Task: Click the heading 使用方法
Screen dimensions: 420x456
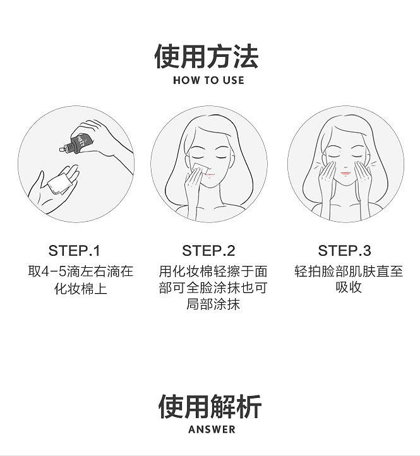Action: pos(207,56)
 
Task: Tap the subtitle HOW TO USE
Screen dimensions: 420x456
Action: pos(208,80)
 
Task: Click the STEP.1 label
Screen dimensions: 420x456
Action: pos(74,250)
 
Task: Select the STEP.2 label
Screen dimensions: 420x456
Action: pos(208,250)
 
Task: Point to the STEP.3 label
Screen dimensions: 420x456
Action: pos(344,250)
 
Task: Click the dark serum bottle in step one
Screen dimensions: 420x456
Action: pos(77,143)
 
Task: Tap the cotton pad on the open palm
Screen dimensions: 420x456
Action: pos(59,184)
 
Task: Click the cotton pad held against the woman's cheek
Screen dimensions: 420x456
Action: pos(200,169)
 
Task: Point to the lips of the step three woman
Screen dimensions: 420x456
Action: pos(346,173)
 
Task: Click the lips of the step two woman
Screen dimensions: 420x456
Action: pos(210,175)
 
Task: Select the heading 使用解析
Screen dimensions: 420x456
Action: pos(210,407)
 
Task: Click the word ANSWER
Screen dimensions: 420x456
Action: pos(212,429)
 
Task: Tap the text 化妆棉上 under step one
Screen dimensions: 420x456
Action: pos(81,289)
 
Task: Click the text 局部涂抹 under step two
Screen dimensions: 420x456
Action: pos(213,304)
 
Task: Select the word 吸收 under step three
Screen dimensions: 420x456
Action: pos(349,287)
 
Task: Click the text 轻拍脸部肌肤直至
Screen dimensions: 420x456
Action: pos(349,272)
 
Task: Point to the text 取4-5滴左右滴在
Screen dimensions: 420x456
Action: pos(81,272)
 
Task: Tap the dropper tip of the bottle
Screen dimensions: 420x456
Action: pos(61,150)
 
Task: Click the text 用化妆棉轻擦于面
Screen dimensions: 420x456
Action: pos(213,272)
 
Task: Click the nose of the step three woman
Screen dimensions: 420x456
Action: pos(345,166)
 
